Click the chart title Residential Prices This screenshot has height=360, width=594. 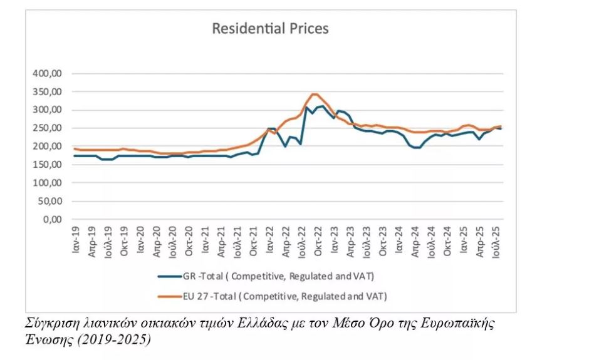pyautogui.click(x=270, y=29)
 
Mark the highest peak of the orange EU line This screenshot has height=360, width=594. pyautogui.click(x=315, y=94)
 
